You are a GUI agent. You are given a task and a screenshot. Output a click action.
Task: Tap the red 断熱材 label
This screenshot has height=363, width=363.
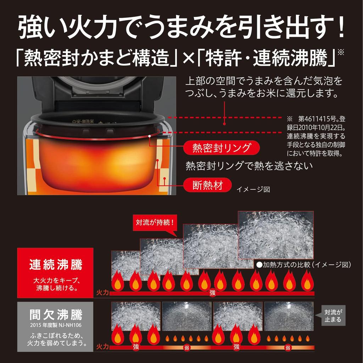[x=207, y=186]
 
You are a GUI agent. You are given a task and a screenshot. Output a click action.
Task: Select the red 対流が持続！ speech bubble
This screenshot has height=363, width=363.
[x=154, y=223]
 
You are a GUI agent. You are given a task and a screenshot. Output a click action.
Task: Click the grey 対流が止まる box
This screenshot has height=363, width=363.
[x=333, y=315]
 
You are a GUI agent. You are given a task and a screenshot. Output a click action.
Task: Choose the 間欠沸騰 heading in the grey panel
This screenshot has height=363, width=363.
[x=55, y=314]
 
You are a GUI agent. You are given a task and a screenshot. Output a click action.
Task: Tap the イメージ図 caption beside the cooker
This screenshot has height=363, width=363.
[x=253, y=189]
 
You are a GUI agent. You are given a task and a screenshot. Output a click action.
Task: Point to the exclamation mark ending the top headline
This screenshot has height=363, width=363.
[x=341, y=29]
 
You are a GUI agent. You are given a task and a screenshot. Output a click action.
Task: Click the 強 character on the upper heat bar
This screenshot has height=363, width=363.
[x=212, y=293]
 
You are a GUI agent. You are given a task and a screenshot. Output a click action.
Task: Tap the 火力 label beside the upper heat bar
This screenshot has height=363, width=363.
[x=102, y=293]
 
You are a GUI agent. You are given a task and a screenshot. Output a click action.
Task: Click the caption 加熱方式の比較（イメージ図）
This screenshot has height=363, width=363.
[x=303, y=264]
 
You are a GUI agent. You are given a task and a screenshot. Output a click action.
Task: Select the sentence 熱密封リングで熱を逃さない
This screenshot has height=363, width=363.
[x=249, y=166]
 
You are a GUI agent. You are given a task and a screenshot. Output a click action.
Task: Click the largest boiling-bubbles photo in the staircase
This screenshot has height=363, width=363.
[x=276, y=235]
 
